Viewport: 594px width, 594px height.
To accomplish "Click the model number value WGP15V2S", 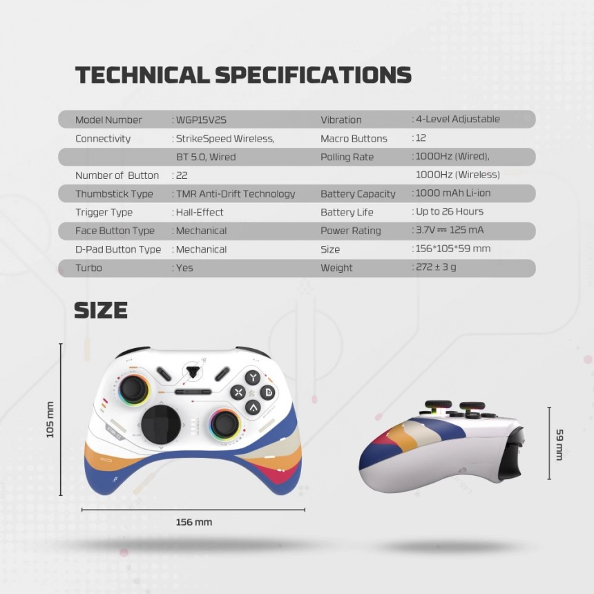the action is click(201, 120).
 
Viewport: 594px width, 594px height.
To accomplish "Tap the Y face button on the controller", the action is click(253, 377).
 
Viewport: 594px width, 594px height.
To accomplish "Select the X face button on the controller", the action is click(238, 392).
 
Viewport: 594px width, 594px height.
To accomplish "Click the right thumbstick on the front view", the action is click(225, 423).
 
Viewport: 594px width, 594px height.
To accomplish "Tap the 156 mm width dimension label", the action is click(194, 522).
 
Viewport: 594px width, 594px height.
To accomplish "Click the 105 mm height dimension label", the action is click(50, 420).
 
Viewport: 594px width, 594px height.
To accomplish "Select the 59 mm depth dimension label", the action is click(559, 444).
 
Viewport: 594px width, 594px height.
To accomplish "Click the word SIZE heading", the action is click(101, 310).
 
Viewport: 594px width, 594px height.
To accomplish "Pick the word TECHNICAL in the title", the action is click(142, 75).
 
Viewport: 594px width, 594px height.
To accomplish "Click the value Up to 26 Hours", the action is click(450, 211).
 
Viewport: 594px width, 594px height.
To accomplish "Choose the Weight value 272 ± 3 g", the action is click(436, 267).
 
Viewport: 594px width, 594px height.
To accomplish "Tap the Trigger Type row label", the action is click(104, 212).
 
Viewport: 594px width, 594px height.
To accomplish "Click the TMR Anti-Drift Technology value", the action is click(236, 194).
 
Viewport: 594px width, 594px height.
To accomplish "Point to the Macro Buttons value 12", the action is click(421, 138).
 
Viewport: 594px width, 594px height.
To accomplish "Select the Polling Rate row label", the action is click(347, 157).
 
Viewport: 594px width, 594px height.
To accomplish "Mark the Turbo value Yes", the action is click(184, 268).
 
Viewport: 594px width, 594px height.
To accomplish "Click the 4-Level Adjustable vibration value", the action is click(458, 119).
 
